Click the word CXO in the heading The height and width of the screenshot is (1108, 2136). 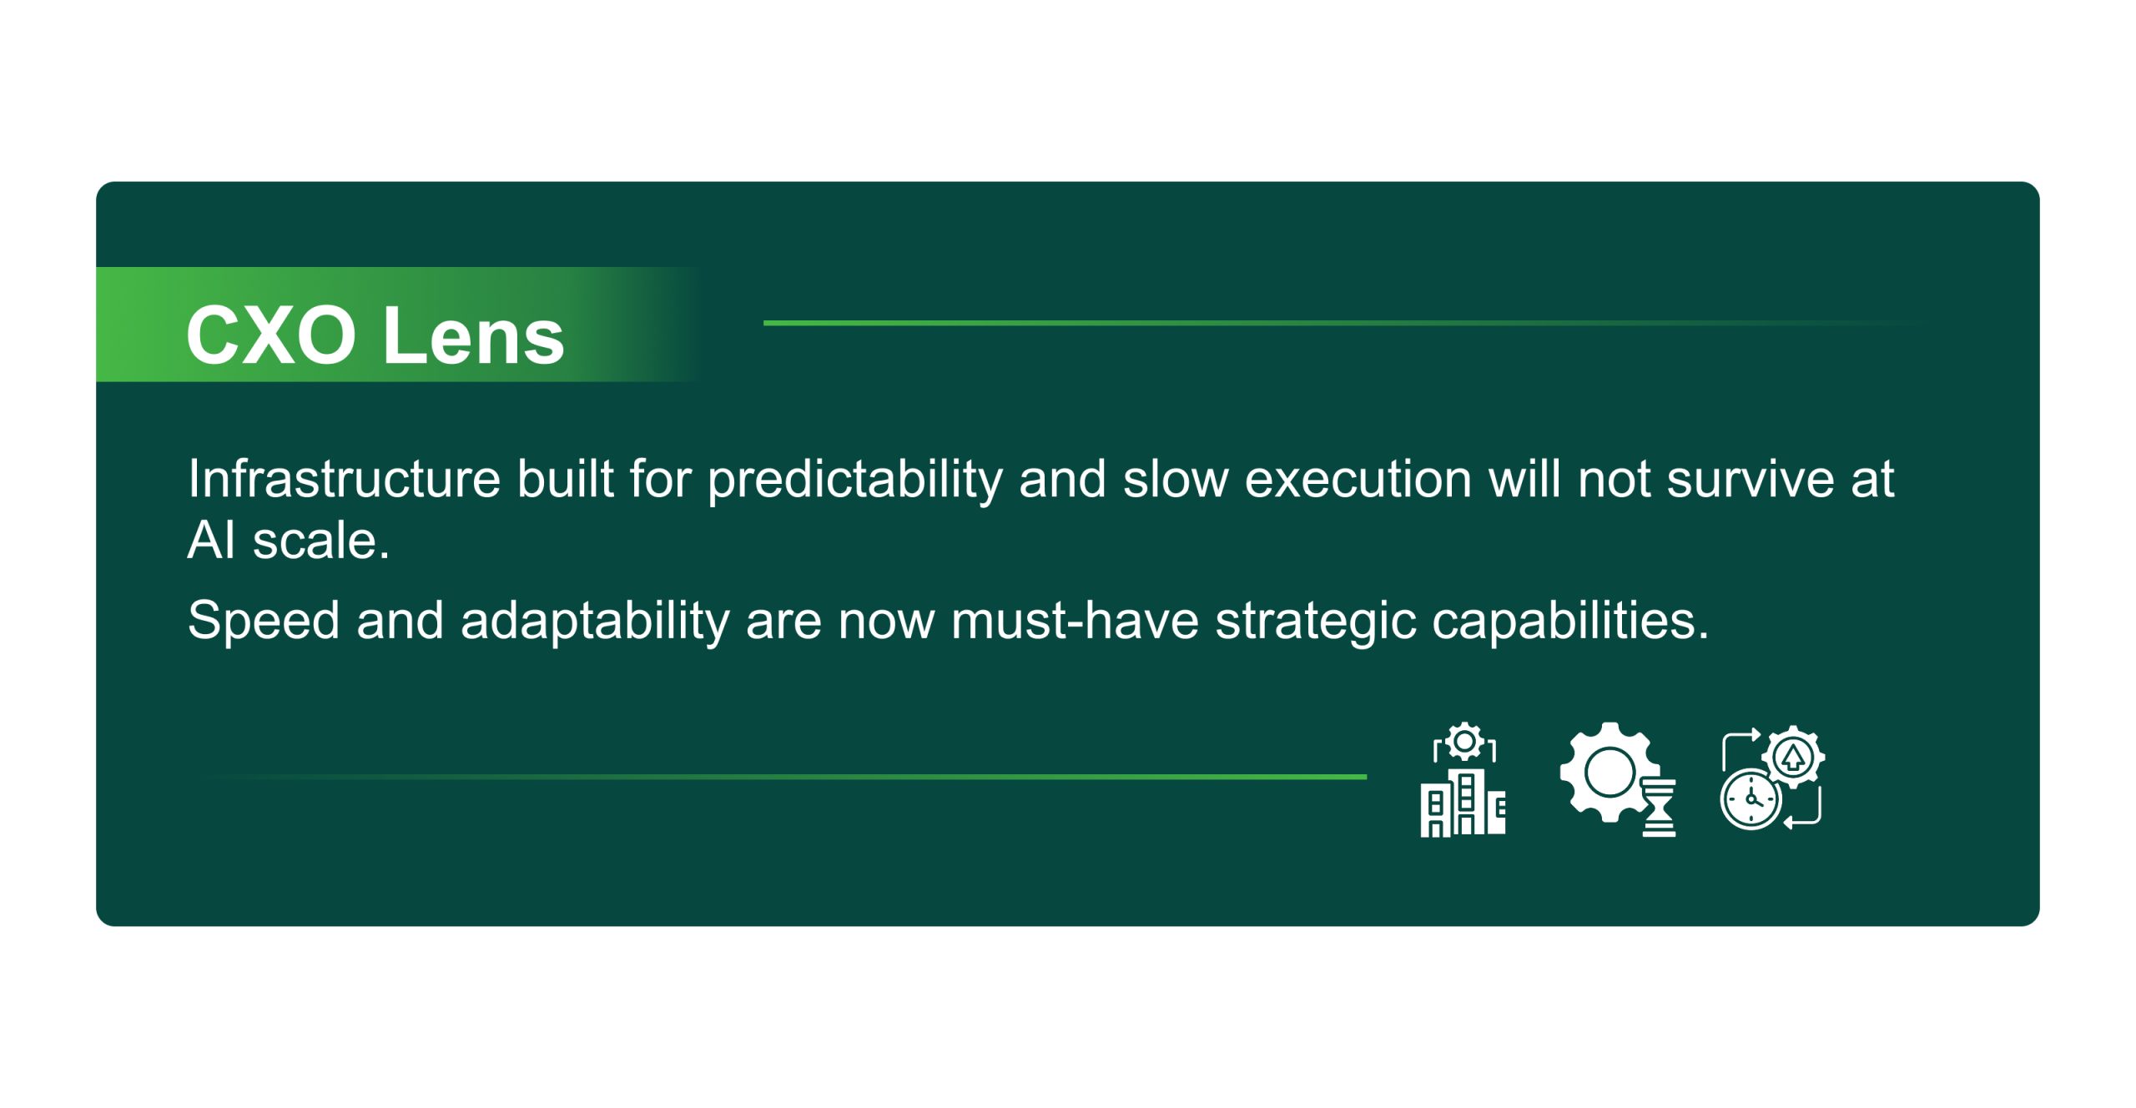pyautogui.click(x=271, y=335)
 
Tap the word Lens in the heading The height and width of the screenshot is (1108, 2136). pyautogui.click(x=474, y=335)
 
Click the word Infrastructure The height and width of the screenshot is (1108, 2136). pyautogui.click(x=344, y=479)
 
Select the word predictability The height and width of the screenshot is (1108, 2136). pyautogui.click(x=854, y=481)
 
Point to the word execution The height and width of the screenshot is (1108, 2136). pyautogui.click(x=1358, y=479)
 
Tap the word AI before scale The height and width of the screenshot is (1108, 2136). pyautogui.click(x=211, y=540)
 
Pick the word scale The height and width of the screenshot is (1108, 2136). pyautogui.click(x=321, y=541)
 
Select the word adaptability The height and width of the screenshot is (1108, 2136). pyautogui.click(x=595, y=621)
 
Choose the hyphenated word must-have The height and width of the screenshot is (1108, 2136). pyautogui.click(x=1075, y=621)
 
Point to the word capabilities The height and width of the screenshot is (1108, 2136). pyautogui.click(x=1570, y=621)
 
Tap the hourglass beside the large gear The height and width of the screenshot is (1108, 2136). pyautogui.click(x=1659, y=808)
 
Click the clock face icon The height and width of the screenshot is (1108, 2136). pyautogui.click(x=1751, y=799)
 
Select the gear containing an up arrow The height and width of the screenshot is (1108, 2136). pyautogui.click(x=1793, y=757)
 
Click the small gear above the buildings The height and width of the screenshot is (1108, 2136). pyautogui.click(x=1464, y=741)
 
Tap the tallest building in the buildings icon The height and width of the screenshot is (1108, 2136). pyautogui.click(x=1466, y=802)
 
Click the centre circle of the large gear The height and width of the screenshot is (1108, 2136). pyautogui.click(x=1610, y=773)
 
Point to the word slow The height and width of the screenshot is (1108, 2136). pyautogui.click(x=1175, y=479)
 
